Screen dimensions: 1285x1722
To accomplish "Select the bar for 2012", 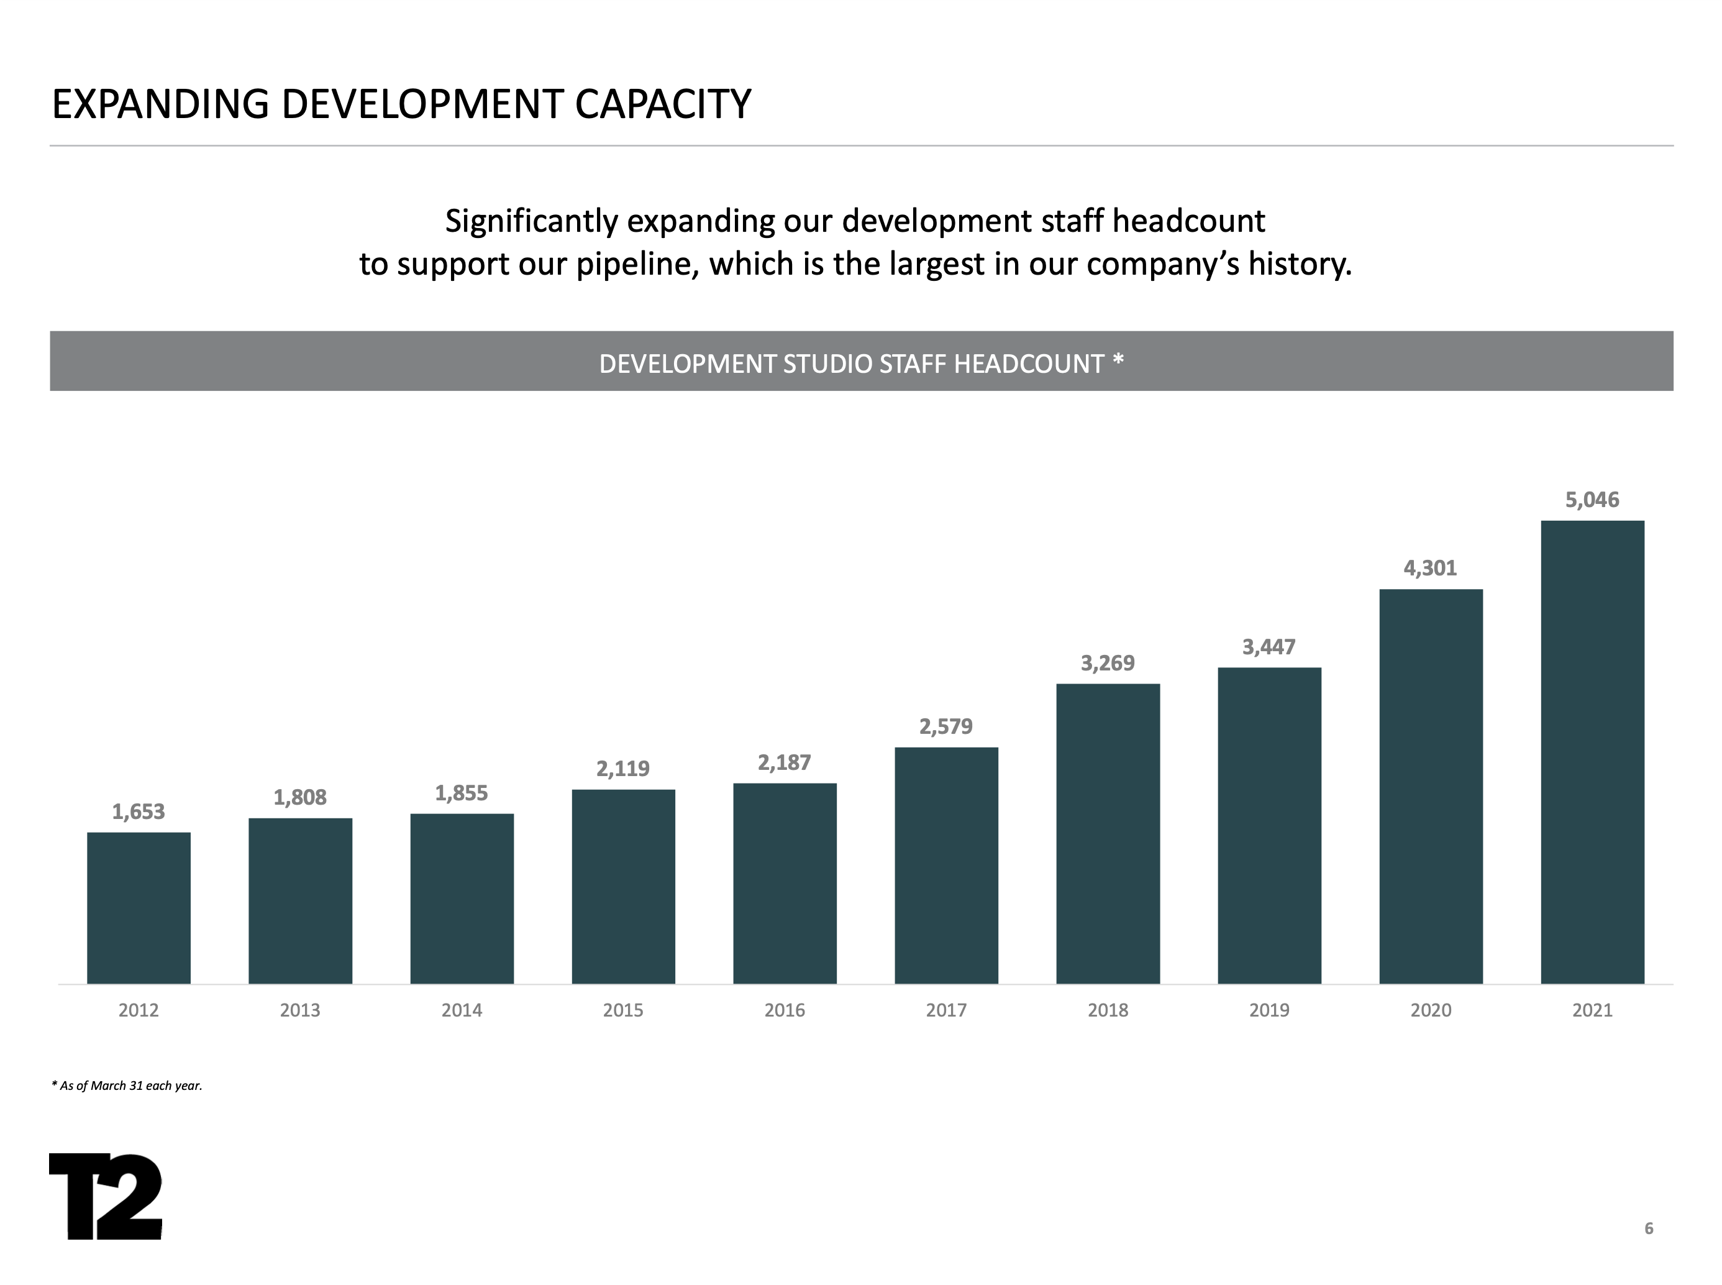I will (x=139, y=908).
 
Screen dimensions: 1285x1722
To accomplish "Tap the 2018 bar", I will (x=1107, y=833).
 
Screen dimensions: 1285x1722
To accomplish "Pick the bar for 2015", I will (x=622, y=886).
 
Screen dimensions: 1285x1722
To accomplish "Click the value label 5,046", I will (x=1592, y=500).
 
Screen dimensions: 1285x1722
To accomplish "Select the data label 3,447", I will (x=1268, y=646).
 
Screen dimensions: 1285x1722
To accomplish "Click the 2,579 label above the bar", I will (x=945, y=726).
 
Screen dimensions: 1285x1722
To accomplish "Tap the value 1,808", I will (x=299, y=797).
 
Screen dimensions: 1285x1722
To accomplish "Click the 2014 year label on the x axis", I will (x=461, y=1010).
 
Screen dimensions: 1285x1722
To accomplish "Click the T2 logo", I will (x=106, y=1196).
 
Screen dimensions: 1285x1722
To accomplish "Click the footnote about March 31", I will (x=127, y=1085).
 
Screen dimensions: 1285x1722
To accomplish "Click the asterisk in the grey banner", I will (x=1118, y=360).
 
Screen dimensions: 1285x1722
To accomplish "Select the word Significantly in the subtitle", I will (x=531, y=221).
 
